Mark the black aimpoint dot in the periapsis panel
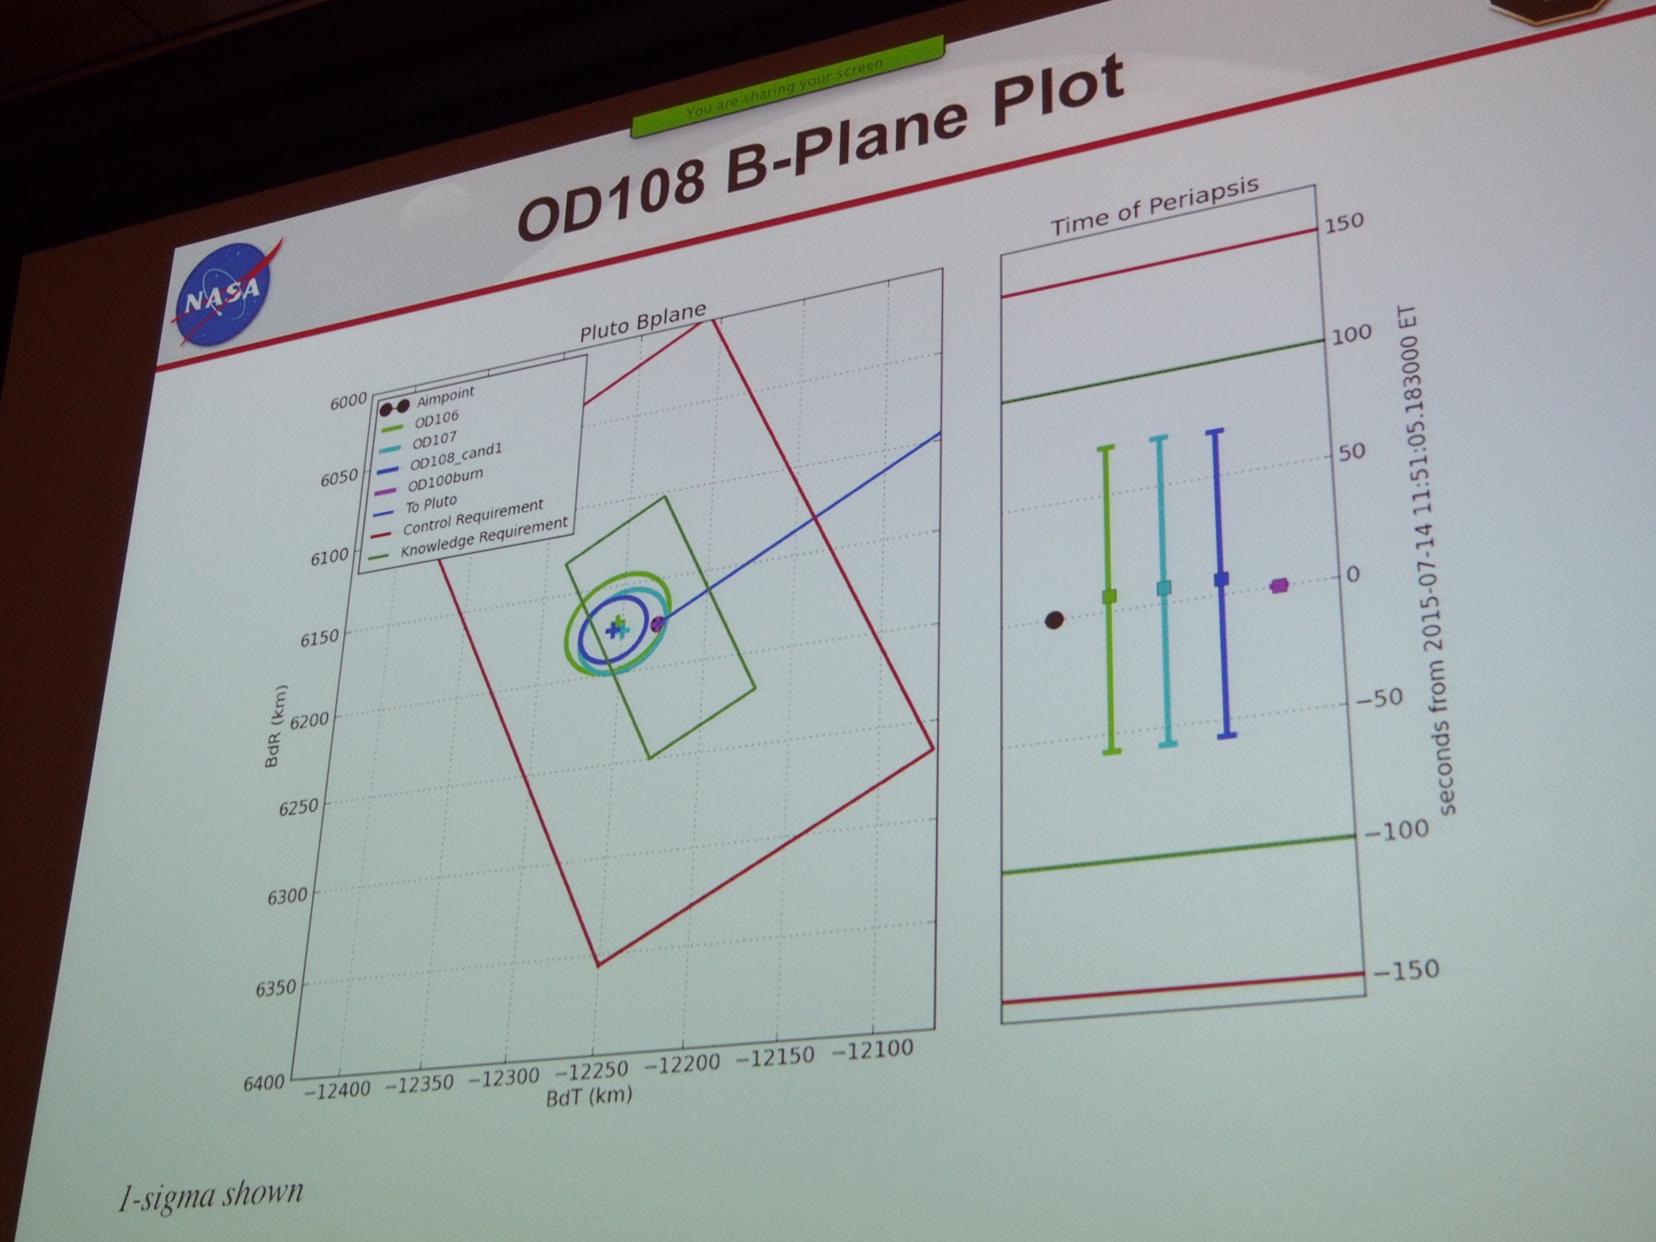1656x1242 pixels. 1054,620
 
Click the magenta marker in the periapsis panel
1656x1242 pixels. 1279,585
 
